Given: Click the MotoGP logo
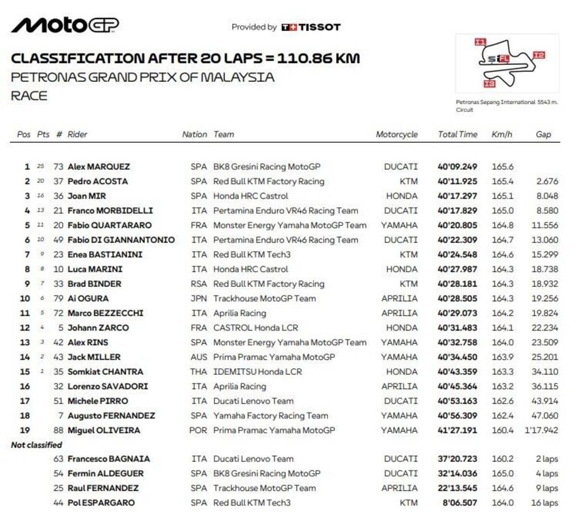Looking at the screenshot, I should point(65,25).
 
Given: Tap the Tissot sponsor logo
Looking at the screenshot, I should point(311,27).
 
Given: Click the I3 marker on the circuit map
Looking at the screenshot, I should point(489,84).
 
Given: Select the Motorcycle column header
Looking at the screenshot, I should point(396,135).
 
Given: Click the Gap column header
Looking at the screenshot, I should point(543,135).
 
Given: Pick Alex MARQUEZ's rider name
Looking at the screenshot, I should point(99,167).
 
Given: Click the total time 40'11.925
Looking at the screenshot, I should point(457,182).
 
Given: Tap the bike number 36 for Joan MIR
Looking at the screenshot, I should point(58,196).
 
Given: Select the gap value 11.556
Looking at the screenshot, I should point(545,226).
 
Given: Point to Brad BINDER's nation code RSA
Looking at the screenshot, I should point(198,284).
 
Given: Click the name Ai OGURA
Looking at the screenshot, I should point(88,298).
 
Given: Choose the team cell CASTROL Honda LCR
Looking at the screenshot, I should point(256,328).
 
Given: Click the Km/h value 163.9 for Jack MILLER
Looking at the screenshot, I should point(502,357).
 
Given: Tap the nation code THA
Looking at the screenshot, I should point(198,372).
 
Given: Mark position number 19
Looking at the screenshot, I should point(25,430).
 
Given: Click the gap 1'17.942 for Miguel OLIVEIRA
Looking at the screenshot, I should point(541,430).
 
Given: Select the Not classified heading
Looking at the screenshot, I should point(37,445).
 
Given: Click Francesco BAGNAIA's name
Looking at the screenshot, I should point(108,459).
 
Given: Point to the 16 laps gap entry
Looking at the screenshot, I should point(544,503).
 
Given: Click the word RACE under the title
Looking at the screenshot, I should point(29,95).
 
